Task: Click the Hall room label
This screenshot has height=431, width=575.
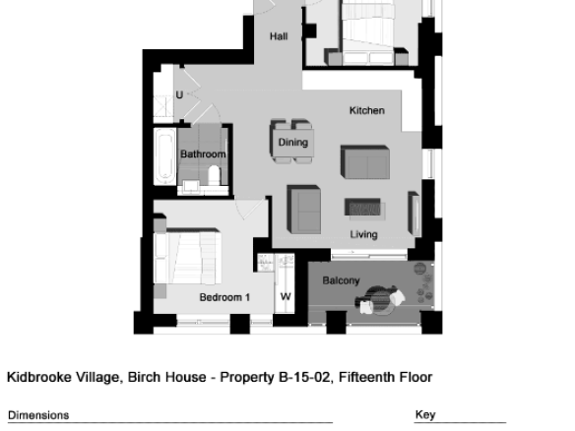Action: coord(279,36)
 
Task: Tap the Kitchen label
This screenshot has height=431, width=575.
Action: coord(367,110)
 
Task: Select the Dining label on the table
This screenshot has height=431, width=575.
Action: coord(293,143)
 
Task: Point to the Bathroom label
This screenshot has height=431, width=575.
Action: coord(203,154)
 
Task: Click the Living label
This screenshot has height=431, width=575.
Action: coord(363,234)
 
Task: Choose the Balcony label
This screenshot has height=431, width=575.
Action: coord(341,280)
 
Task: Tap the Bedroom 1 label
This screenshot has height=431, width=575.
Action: coord(224,297)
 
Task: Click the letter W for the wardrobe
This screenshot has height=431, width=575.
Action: coord(286,296)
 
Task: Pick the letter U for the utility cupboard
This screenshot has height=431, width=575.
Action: coord(179,94)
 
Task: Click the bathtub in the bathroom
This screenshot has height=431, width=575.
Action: coord(165,156)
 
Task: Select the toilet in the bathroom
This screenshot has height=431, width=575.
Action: coord(214,175)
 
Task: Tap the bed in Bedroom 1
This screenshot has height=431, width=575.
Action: coord(187,256)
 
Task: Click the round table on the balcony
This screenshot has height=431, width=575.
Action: coord(380,300)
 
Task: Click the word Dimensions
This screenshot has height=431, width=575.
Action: coord(38,415)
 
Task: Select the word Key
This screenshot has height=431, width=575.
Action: coord(425,415)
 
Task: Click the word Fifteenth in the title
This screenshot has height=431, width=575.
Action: coord(367,377)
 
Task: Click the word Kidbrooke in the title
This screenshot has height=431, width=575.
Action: coord(39,377)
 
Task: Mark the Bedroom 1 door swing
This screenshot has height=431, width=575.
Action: coord(250,210)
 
